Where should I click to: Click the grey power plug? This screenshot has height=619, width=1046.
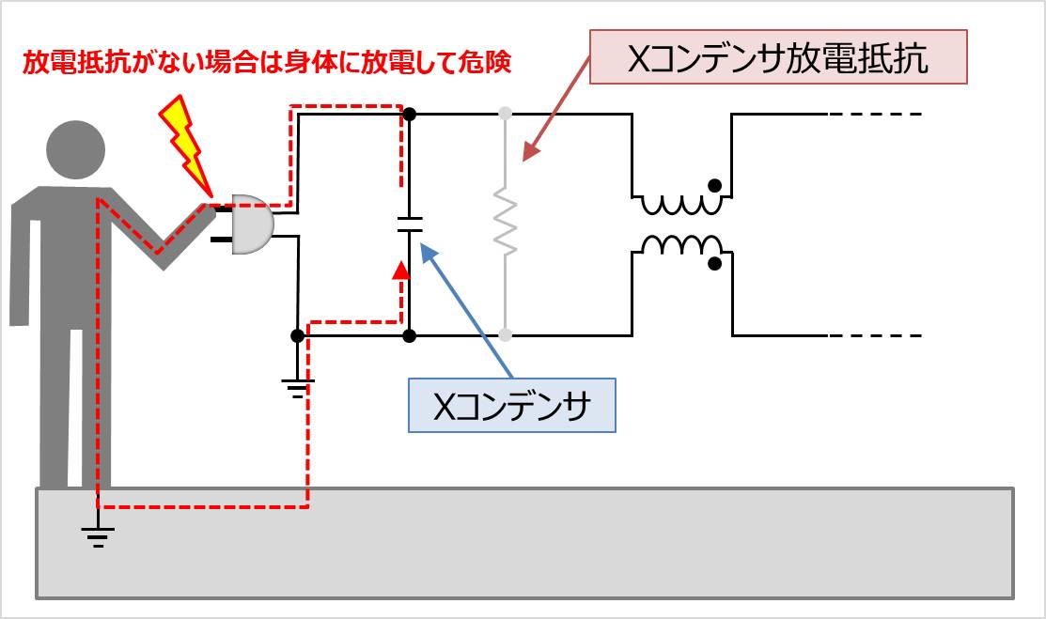[250, 224]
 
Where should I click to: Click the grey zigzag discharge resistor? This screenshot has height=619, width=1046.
[506, 224]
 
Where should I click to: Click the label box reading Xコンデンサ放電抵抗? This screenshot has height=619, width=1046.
[777, 58]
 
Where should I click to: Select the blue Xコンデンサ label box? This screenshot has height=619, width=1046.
[511, 405]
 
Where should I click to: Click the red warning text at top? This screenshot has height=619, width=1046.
[266, 64]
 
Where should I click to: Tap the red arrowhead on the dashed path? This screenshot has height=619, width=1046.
[401, 271]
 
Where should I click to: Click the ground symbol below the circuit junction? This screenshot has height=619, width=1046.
[297, 385]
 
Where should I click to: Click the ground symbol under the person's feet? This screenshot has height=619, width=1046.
[97, 535]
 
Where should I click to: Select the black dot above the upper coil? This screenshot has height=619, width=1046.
[716, 184]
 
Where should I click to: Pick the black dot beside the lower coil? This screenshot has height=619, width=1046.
[716, 263]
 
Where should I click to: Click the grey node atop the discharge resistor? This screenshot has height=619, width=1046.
[506, 114]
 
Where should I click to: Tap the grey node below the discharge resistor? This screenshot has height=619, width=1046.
[506, 334]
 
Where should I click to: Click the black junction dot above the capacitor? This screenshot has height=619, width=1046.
[409, 114]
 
